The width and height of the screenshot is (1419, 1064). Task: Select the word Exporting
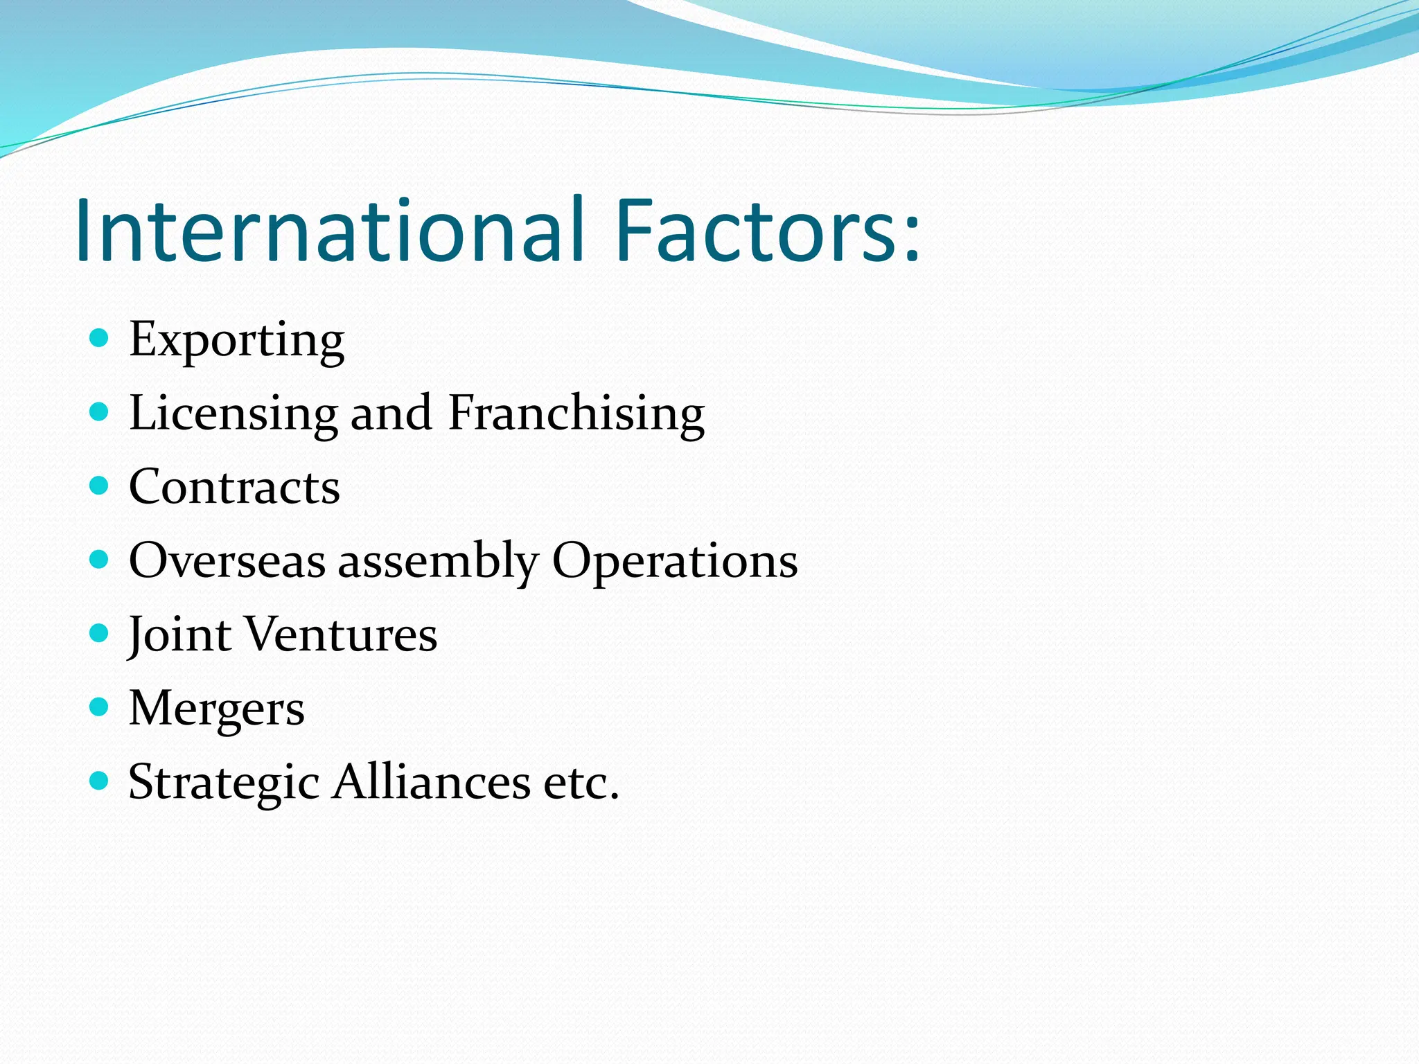point(236,340)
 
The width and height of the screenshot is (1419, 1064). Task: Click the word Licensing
point(233,414)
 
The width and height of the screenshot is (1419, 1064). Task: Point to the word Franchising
point(576,414)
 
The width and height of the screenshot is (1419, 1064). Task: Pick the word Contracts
point(234,487)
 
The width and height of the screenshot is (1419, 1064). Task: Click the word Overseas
point(227,560)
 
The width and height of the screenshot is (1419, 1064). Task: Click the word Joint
point(179,635)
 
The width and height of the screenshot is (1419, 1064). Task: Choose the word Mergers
point(216,709)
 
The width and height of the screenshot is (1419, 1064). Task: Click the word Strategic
point(223,783)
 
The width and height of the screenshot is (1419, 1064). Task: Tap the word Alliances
point(431,782)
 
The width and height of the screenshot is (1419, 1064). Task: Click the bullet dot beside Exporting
point(100,338)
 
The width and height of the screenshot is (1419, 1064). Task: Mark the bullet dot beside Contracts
point(100,485)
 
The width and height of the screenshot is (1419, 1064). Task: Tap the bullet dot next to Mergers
point(100,707)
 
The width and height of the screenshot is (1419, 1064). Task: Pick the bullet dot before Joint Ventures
point(100,633)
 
